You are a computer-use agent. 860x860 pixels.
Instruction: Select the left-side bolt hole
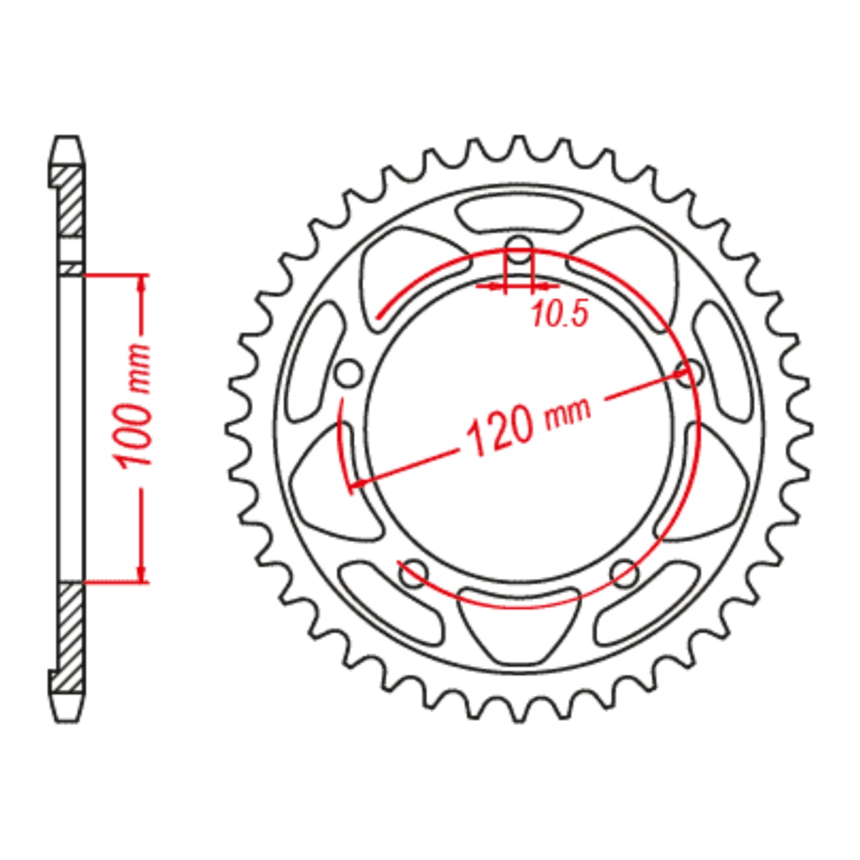pyautogui.click(x=349, y=374)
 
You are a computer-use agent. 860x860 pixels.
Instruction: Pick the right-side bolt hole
pyautogui.click(x=690, y=373)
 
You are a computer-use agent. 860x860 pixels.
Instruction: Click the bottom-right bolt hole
pyautogui.click(x=624, y=573)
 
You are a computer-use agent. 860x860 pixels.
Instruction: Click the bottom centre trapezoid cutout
pyautogui.click(x=519, y=623)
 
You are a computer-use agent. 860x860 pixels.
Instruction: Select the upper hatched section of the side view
pyautogui.click(x=70, y=202)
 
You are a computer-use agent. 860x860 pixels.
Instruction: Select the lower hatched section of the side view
pyautogui.click(x=70, y=637)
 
